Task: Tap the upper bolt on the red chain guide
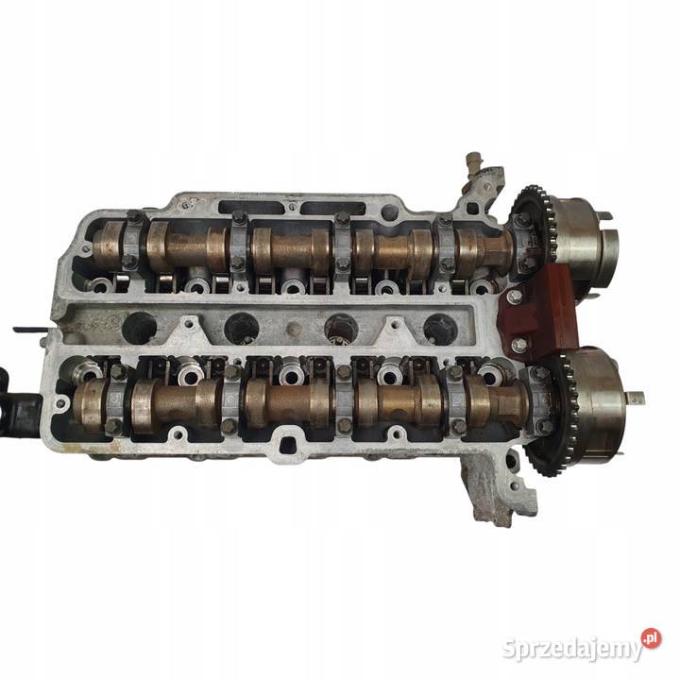(x=515, y=297)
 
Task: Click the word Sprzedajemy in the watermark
(x=572, y=649)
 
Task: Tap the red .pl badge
(x=651, y=638)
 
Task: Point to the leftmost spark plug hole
(x=139, y=328)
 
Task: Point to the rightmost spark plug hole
(x=440, y=330)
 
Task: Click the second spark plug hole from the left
(x=242, y=329)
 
